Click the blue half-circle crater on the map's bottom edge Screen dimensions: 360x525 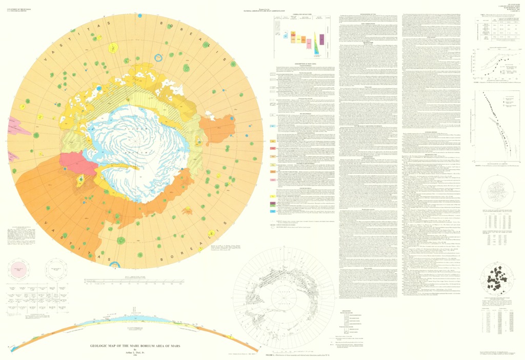click(x=116, y=265)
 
